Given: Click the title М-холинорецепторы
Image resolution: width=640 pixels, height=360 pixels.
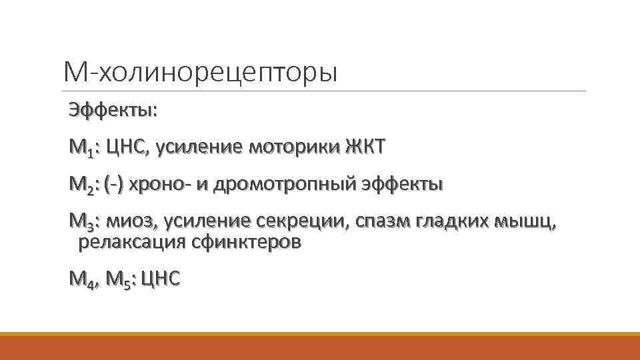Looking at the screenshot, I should [200, 72].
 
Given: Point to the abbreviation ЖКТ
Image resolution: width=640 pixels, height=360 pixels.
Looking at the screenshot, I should [365, 147].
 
